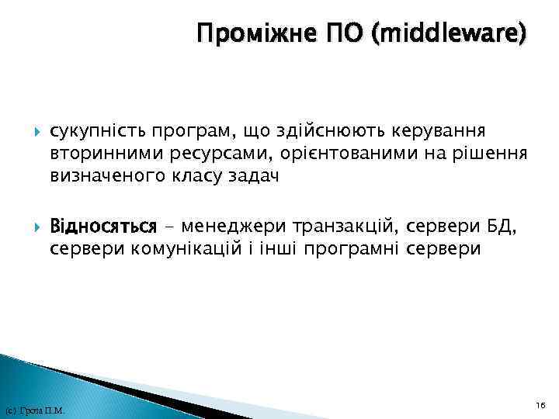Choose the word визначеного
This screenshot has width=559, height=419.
pos(104,176)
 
